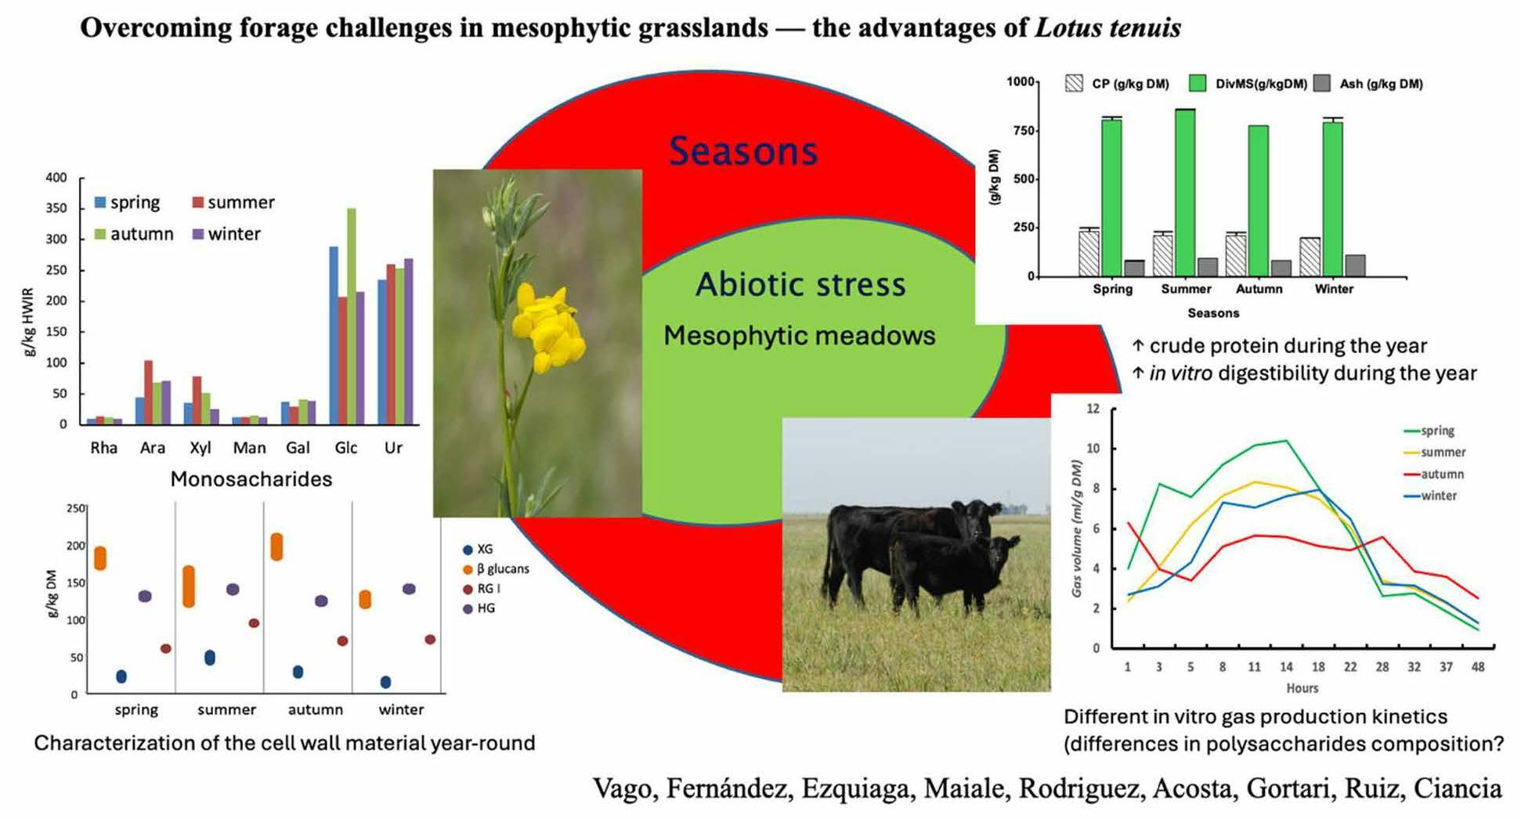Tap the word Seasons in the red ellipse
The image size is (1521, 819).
[x=742, y=151]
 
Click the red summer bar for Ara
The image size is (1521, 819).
[x=149, y=392]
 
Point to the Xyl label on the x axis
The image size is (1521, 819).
[x=201, y=448]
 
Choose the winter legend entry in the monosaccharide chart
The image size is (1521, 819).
[x=226, y=234]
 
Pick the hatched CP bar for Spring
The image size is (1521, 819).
[x=1089, y=253]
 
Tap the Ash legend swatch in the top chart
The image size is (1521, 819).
[x=1322, y=84]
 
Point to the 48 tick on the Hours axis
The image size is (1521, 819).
[x=1478, y=667]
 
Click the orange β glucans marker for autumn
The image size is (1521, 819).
[x=276, y=547]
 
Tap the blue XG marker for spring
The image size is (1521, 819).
[x=121, y=676]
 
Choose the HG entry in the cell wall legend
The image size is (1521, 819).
[x=479, y=608]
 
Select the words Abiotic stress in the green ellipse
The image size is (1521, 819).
[x=800, y=284]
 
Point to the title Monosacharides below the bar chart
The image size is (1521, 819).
[x=251, y=479]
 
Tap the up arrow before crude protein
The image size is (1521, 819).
[x=1138, y=345]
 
